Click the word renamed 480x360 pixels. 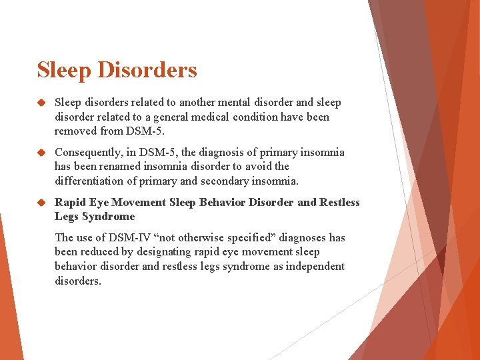119,167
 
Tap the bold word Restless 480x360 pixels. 339,203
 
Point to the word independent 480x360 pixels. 315,267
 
